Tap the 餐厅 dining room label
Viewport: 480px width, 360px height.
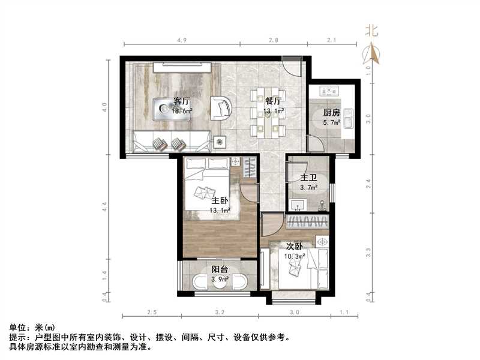[274, 101]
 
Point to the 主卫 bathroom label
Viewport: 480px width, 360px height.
[308, 178]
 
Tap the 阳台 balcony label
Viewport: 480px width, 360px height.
[220, 269]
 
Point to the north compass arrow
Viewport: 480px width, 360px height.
[373, 54]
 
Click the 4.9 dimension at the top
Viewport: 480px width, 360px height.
[182, 40]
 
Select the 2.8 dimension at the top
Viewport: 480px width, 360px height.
[273, 40]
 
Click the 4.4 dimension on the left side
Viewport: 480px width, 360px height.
[104, 208]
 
